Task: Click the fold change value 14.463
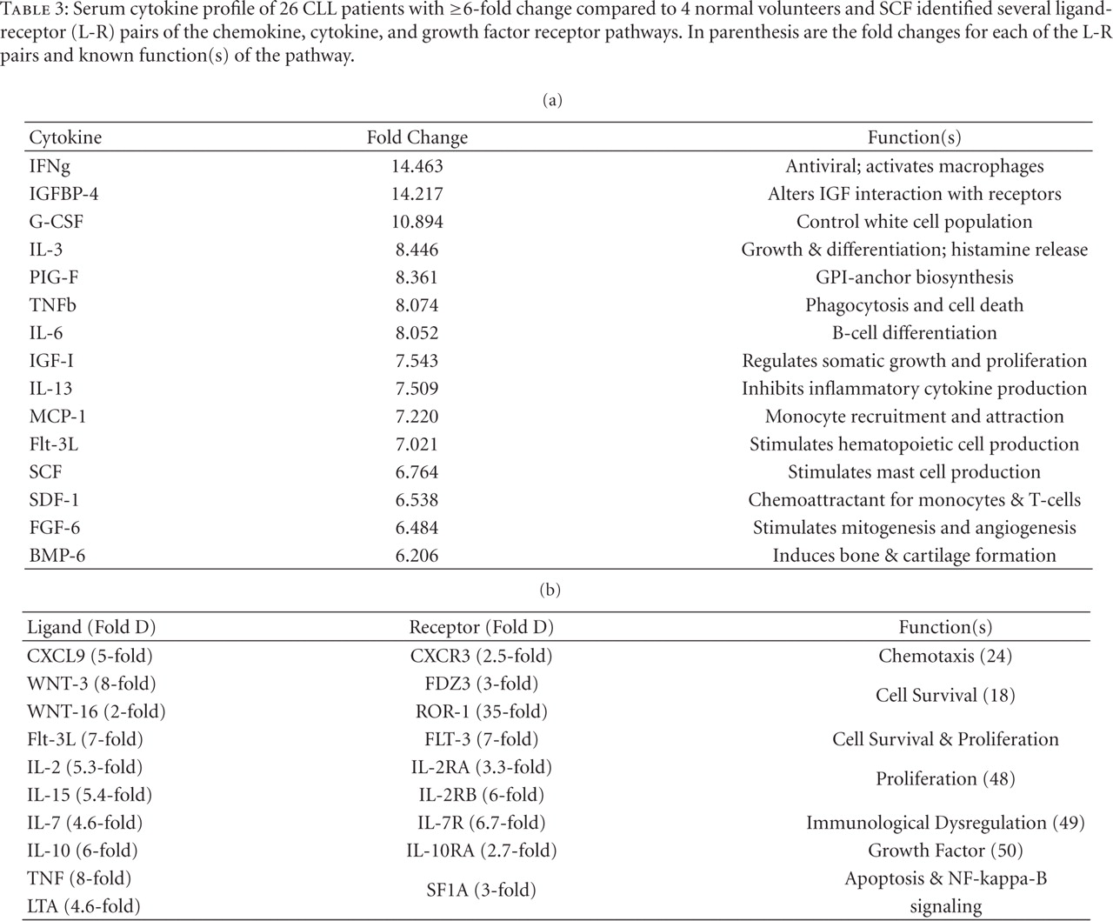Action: click(x=417, y=166)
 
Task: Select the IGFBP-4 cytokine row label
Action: click(x=63, y=194)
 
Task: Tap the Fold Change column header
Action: click(x=417, y=137)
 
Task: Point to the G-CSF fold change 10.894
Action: click(x=417, y=222)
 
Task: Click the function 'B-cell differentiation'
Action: click(x=914, y=333)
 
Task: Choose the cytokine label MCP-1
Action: click(x=57, y=417)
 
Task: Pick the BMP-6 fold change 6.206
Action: click(x=417, y=556)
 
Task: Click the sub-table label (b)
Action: click(x=550, y=590)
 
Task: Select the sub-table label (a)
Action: click(x=551, y=100)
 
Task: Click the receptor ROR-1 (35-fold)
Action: click(x=481, y=711)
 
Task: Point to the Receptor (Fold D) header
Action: click(x=481, y=627)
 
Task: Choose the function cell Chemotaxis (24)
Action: click(x=945, y=656)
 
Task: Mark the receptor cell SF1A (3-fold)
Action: click(x=481, y=891)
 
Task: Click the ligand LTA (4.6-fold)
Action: click(x=83, y=906)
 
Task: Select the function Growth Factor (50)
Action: click(x=945, y=851)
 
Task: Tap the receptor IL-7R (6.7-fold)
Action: click(x=481, y=823)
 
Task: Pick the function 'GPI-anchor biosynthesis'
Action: click(x=914, y=277)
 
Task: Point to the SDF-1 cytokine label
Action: click(x=54, y=500)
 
